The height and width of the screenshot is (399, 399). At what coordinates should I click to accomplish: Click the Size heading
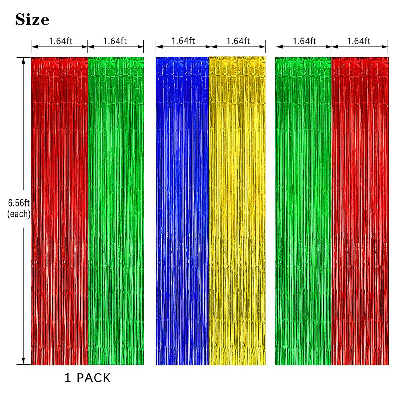pos(32,20)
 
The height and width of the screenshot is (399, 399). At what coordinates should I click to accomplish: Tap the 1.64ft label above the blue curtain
pos(183,41)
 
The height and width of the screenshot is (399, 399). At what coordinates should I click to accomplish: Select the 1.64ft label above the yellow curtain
pos(238,41)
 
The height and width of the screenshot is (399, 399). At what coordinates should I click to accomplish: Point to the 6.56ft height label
pos(19,203)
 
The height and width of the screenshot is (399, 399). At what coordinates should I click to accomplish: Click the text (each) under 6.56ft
pos(19,214)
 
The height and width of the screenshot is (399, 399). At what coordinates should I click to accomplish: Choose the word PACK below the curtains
pos(93,378)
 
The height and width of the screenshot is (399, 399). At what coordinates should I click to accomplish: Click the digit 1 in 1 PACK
pos(67,378)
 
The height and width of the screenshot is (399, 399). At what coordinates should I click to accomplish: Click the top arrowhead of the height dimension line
pos(23,61)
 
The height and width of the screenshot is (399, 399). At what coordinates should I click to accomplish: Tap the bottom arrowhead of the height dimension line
pos(23,361)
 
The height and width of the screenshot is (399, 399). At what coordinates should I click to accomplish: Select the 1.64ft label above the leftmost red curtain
pos(61,41)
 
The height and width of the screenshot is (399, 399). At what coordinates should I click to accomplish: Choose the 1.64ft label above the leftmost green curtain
pos(115,41)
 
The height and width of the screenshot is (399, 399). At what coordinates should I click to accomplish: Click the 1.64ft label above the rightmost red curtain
pos(358,41)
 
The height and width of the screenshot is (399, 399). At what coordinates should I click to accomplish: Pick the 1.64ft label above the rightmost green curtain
pos(304,41)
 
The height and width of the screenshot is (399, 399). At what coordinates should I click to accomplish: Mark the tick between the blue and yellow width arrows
pos(211,47)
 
